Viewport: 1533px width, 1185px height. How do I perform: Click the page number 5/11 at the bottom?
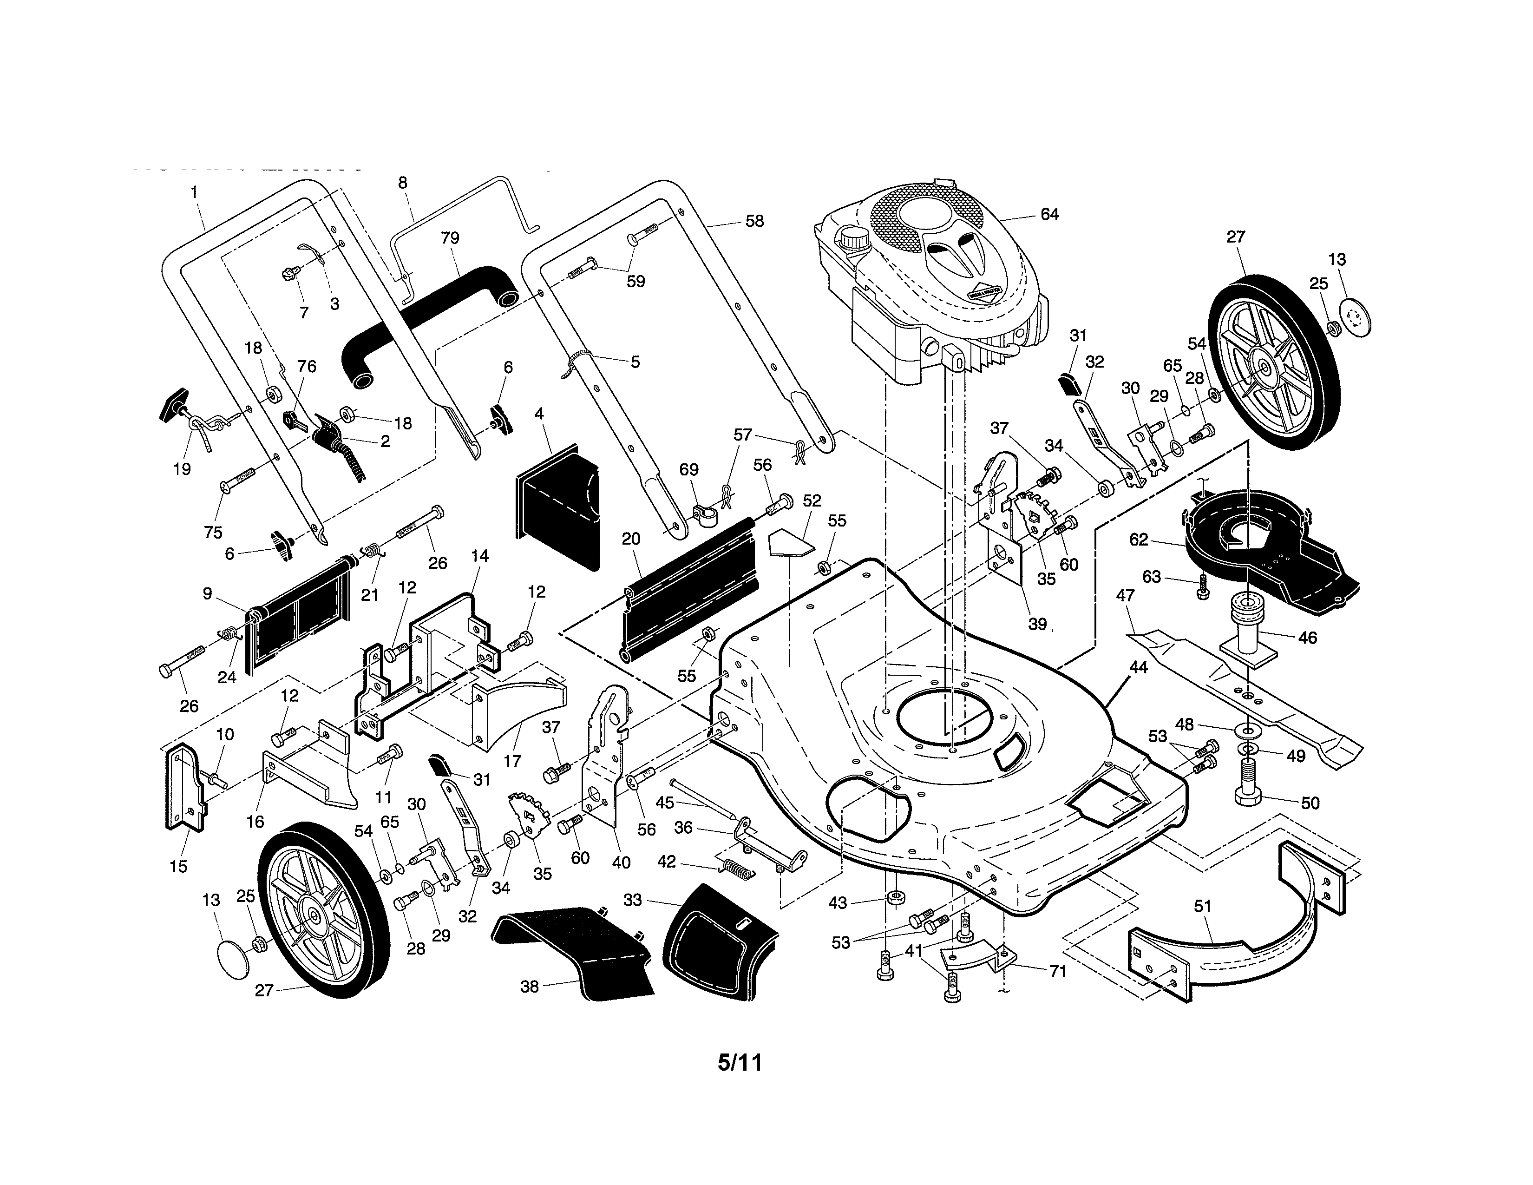coord(739,1062)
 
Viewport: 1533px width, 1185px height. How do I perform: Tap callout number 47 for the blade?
coord(1125,595)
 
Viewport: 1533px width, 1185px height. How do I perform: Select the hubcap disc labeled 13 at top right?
coord(1355,317)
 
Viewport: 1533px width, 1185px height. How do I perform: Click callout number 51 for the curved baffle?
coord(1202,906)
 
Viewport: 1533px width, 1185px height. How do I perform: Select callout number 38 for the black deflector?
coord(529,986)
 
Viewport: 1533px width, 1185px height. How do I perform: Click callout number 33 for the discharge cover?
coord(632,900)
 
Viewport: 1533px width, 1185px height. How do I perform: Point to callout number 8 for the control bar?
coord(402,183)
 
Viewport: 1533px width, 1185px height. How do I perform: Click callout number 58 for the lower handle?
coord(754,221)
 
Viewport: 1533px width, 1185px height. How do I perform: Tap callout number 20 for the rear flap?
coord(630,539)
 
